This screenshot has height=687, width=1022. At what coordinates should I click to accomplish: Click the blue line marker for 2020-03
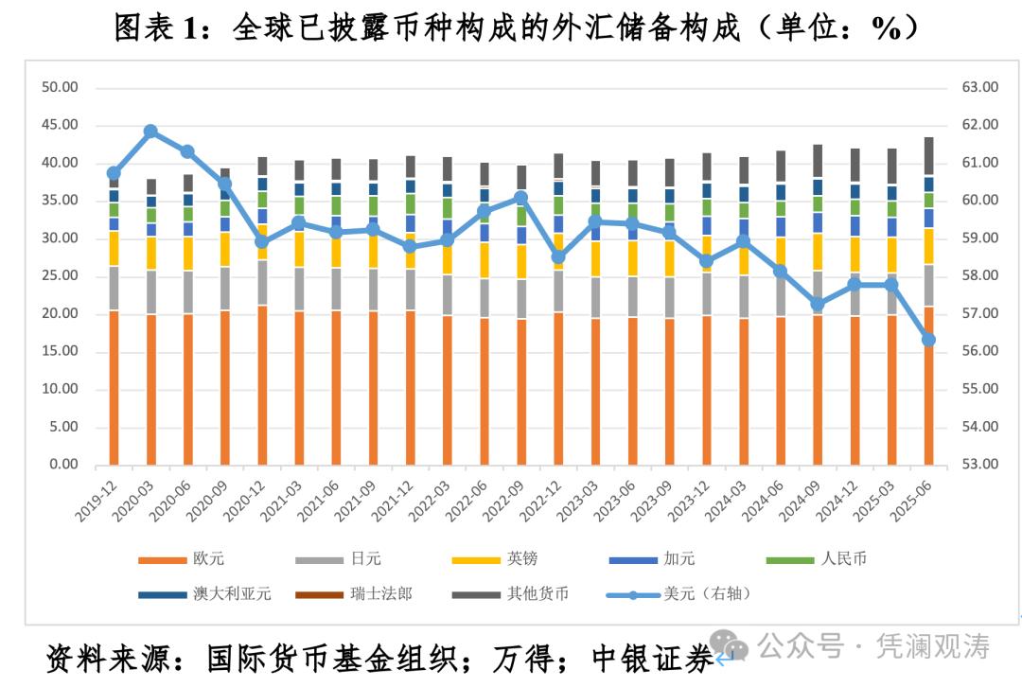pos(150,132)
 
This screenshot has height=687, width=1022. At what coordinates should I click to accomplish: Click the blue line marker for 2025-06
pos(928,340)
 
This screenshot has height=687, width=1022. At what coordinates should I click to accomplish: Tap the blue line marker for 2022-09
pos(520,198)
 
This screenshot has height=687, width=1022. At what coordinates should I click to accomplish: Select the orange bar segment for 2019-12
pos(114,388)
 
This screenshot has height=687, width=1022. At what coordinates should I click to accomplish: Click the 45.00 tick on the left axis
pos(59,125)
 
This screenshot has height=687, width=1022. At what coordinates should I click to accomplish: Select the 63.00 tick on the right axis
pos(980,87)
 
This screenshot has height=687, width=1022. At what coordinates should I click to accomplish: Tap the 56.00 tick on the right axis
pos(980,351)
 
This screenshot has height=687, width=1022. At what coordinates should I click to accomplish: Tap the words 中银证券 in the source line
pos(652,659)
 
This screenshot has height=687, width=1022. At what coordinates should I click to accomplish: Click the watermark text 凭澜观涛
pos(933,647)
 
